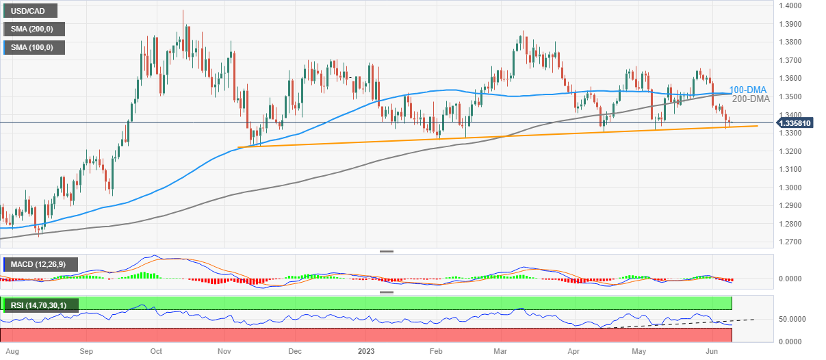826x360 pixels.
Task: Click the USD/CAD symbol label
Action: (29, 11)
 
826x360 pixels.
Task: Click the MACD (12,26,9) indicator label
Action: (41, 264)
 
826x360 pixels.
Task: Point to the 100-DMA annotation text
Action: (748, 90)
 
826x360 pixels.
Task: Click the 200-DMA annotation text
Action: (751, 99)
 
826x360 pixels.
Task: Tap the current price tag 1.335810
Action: (796, 123)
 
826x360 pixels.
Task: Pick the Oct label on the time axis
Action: (155, 351)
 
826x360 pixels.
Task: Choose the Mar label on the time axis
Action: (500, 351)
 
